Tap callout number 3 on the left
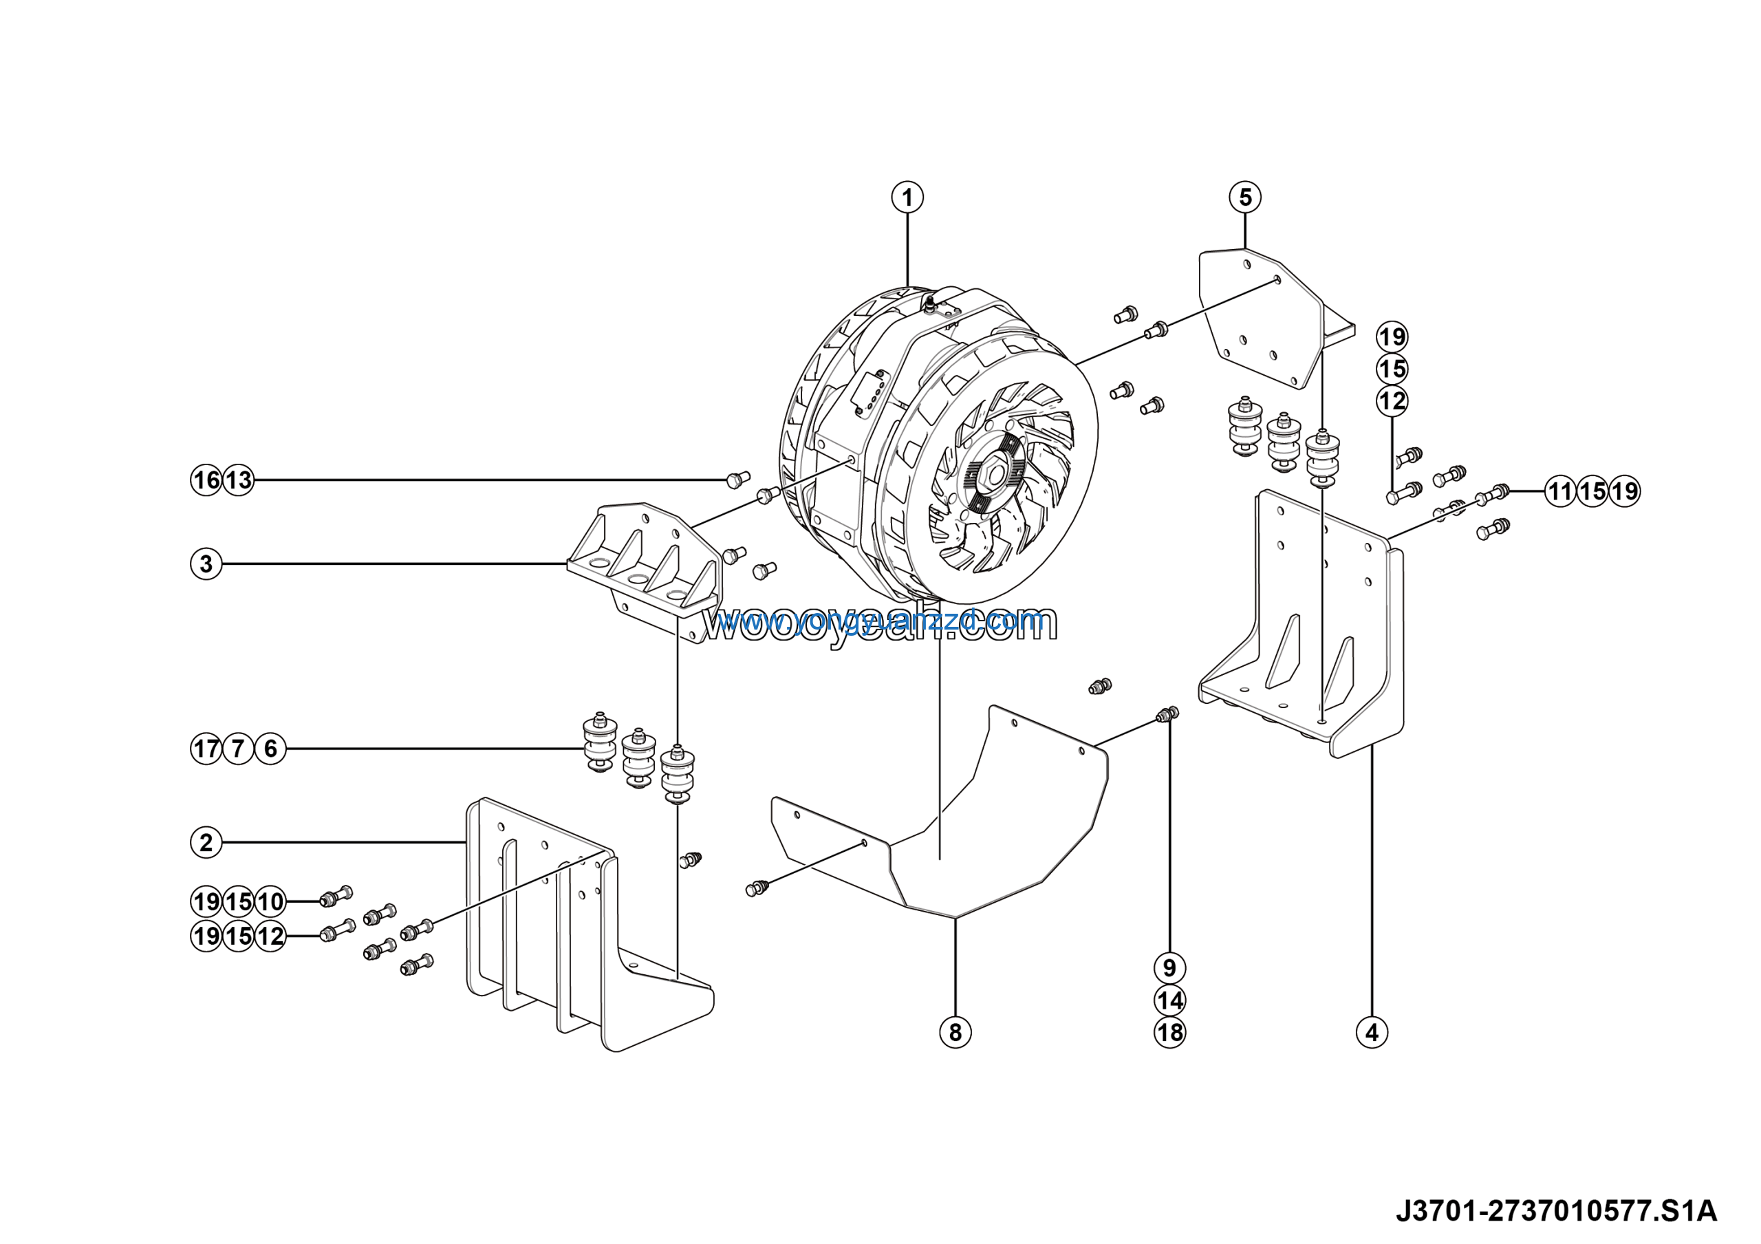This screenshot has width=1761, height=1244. click(206, 564)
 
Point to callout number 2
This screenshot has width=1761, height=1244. click(206, 843)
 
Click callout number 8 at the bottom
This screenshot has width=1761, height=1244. click(955, 1032)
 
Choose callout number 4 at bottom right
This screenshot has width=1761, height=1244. click(1372, 1032)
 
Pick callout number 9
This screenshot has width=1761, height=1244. click(1169, 968)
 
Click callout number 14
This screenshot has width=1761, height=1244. click(1169, 1000)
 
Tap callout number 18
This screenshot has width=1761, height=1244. click(1169, 1032)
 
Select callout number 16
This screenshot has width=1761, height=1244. click(206, 480)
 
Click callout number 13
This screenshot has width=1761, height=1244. click(239, 480)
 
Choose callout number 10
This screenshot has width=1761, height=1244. click(270, 901)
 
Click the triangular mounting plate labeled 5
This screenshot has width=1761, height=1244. click(1258, 314)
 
